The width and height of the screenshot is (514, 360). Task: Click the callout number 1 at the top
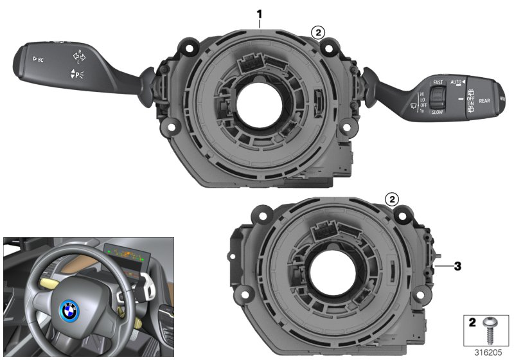point(260,14)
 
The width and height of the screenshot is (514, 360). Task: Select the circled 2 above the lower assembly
point(391,199)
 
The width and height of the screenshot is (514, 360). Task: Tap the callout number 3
point(457,265)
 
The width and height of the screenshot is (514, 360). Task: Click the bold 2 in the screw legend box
point(472,322)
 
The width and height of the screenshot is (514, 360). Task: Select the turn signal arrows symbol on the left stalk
point(79,57)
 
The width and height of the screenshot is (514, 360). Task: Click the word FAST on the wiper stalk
point(438,83)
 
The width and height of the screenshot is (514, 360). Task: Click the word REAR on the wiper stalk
point(484,101)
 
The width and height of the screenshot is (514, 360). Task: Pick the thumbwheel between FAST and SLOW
point(437,96)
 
